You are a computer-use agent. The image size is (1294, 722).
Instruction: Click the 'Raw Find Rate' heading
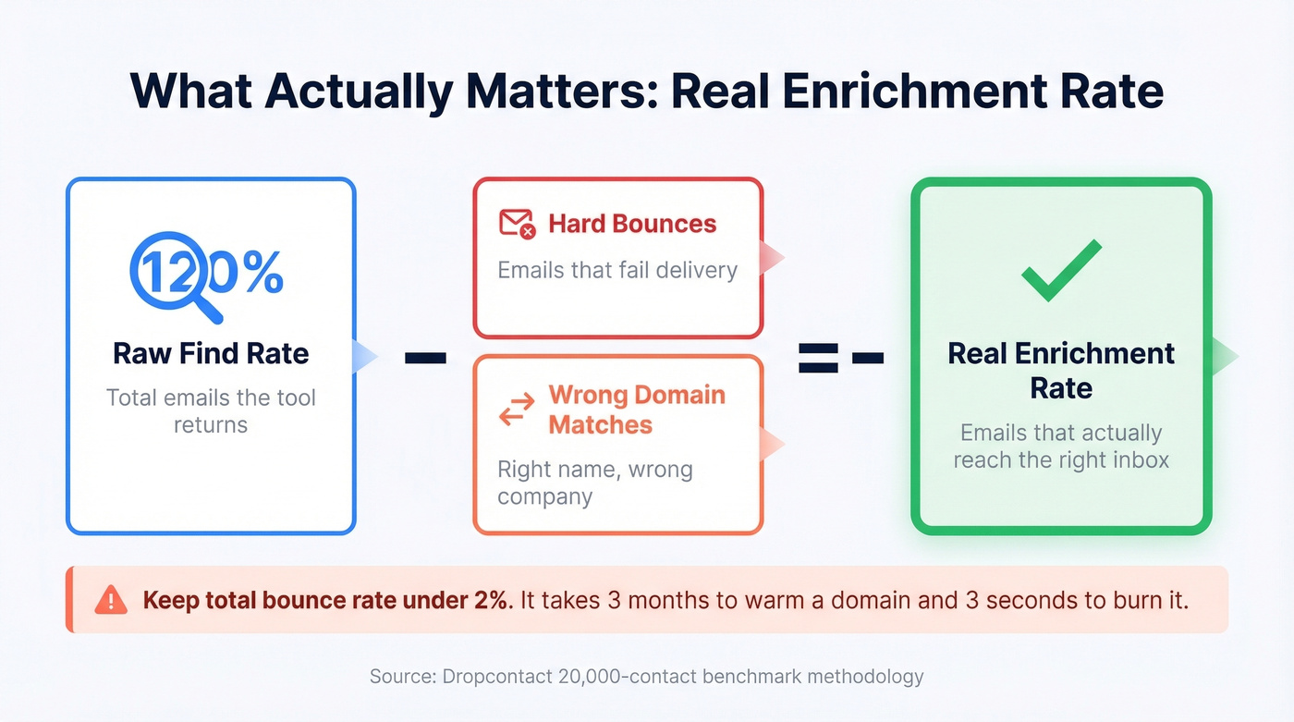click(211, 353)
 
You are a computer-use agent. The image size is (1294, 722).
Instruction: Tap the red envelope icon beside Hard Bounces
click(517, 224)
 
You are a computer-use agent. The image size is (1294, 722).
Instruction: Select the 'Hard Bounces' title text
click(632, 224)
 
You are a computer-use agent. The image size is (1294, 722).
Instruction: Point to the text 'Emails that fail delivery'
click(617, 270)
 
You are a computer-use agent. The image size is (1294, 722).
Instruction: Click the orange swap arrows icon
click(517, 410)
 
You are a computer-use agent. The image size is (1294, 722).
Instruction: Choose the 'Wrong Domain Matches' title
click(636, 410)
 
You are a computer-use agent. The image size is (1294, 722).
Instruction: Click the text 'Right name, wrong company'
click(594, 483)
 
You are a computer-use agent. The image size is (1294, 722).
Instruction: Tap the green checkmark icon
click(1061, 270)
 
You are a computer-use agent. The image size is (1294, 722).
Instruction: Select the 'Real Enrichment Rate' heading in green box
click(1061, 370)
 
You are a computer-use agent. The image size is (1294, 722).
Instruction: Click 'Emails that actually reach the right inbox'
click(1061, 447)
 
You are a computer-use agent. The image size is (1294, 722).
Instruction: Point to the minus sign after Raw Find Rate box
click(425, 357)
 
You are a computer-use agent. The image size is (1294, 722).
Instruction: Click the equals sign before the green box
click(819, 357)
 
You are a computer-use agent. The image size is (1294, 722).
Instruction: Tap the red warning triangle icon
click(110, 600)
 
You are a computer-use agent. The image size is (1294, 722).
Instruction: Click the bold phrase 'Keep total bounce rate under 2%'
click(326, 600)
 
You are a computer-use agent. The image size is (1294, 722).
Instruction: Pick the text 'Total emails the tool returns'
click(211, 411)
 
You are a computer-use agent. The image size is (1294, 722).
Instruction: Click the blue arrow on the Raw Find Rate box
click(365, 357)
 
